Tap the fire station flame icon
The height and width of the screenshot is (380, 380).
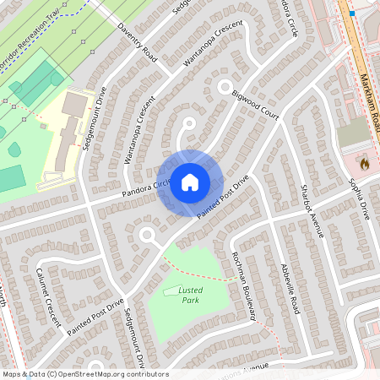(x=365, y=162)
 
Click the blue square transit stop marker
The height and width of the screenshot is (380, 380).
(x=351, y=14)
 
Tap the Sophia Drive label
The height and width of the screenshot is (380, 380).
(x=359, y=198)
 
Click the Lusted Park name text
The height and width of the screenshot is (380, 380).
(x=191, y=295)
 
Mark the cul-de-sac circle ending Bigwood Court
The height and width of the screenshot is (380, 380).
(x=225, y=86)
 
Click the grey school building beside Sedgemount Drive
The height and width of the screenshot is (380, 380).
(x=74, y=106)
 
